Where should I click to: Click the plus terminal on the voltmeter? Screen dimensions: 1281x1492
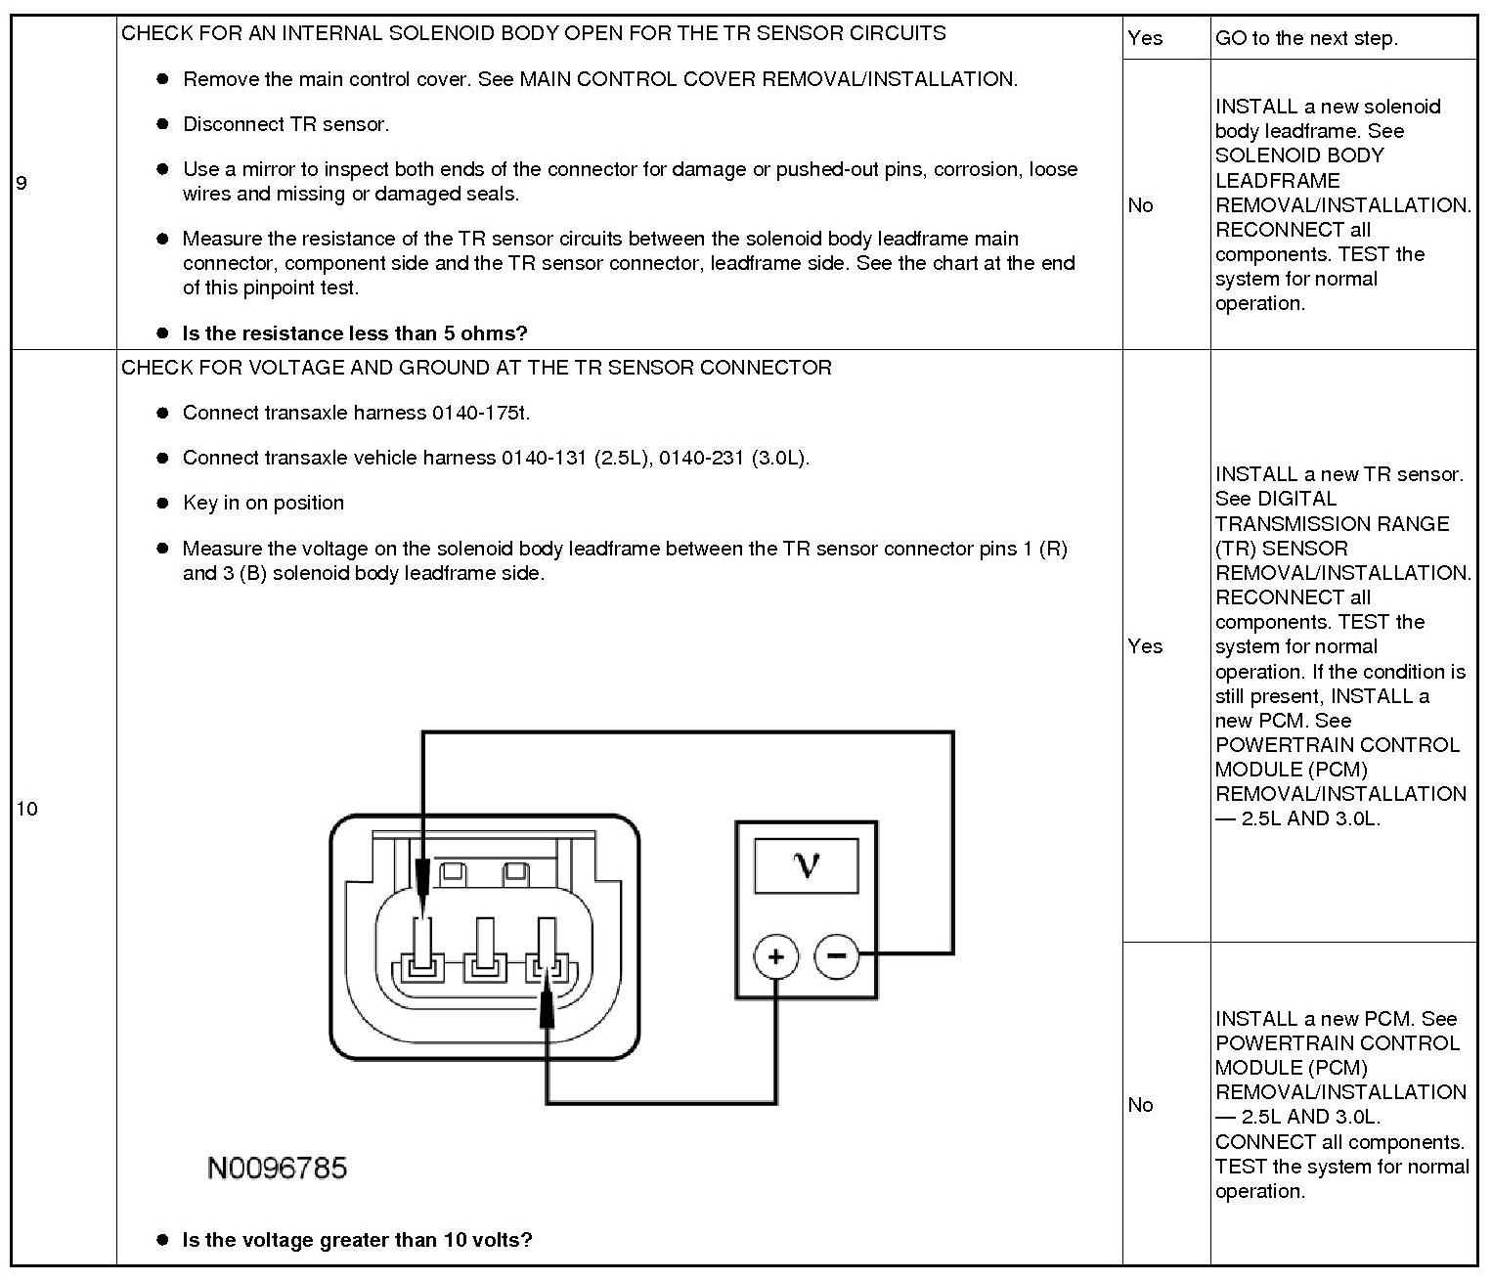[x=776, y=956]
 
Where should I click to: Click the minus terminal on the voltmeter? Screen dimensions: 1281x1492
[x=836, y=954]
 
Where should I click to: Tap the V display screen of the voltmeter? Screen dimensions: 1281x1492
[x=807, y=865]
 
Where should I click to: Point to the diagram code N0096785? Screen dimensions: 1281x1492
[x=277, y=1168]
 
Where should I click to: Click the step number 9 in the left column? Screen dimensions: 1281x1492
[x=22, y=183]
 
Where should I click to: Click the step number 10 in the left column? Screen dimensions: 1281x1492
[x=26, y=808]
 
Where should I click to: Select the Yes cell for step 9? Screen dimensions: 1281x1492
[x=1145, y=38]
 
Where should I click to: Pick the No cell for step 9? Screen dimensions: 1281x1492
[x=1140, y=205]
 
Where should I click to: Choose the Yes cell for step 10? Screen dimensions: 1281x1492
[x=1145, y=645]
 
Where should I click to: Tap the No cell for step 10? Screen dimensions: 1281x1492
[x=1140, y=1104]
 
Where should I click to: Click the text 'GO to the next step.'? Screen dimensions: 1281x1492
[x=1306, y=38]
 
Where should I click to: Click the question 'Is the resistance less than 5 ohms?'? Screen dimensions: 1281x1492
[x=354, y=333]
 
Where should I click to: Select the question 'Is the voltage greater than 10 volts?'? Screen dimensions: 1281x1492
[x=357, y=1240]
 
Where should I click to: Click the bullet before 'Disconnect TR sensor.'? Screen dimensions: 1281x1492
[x=163, y=124]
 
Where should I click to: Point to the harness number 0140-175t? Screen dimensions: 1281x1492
[x=480, y=413]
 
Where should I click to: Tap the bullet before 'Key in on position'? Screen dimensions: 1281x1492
[x=163, y=503]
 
